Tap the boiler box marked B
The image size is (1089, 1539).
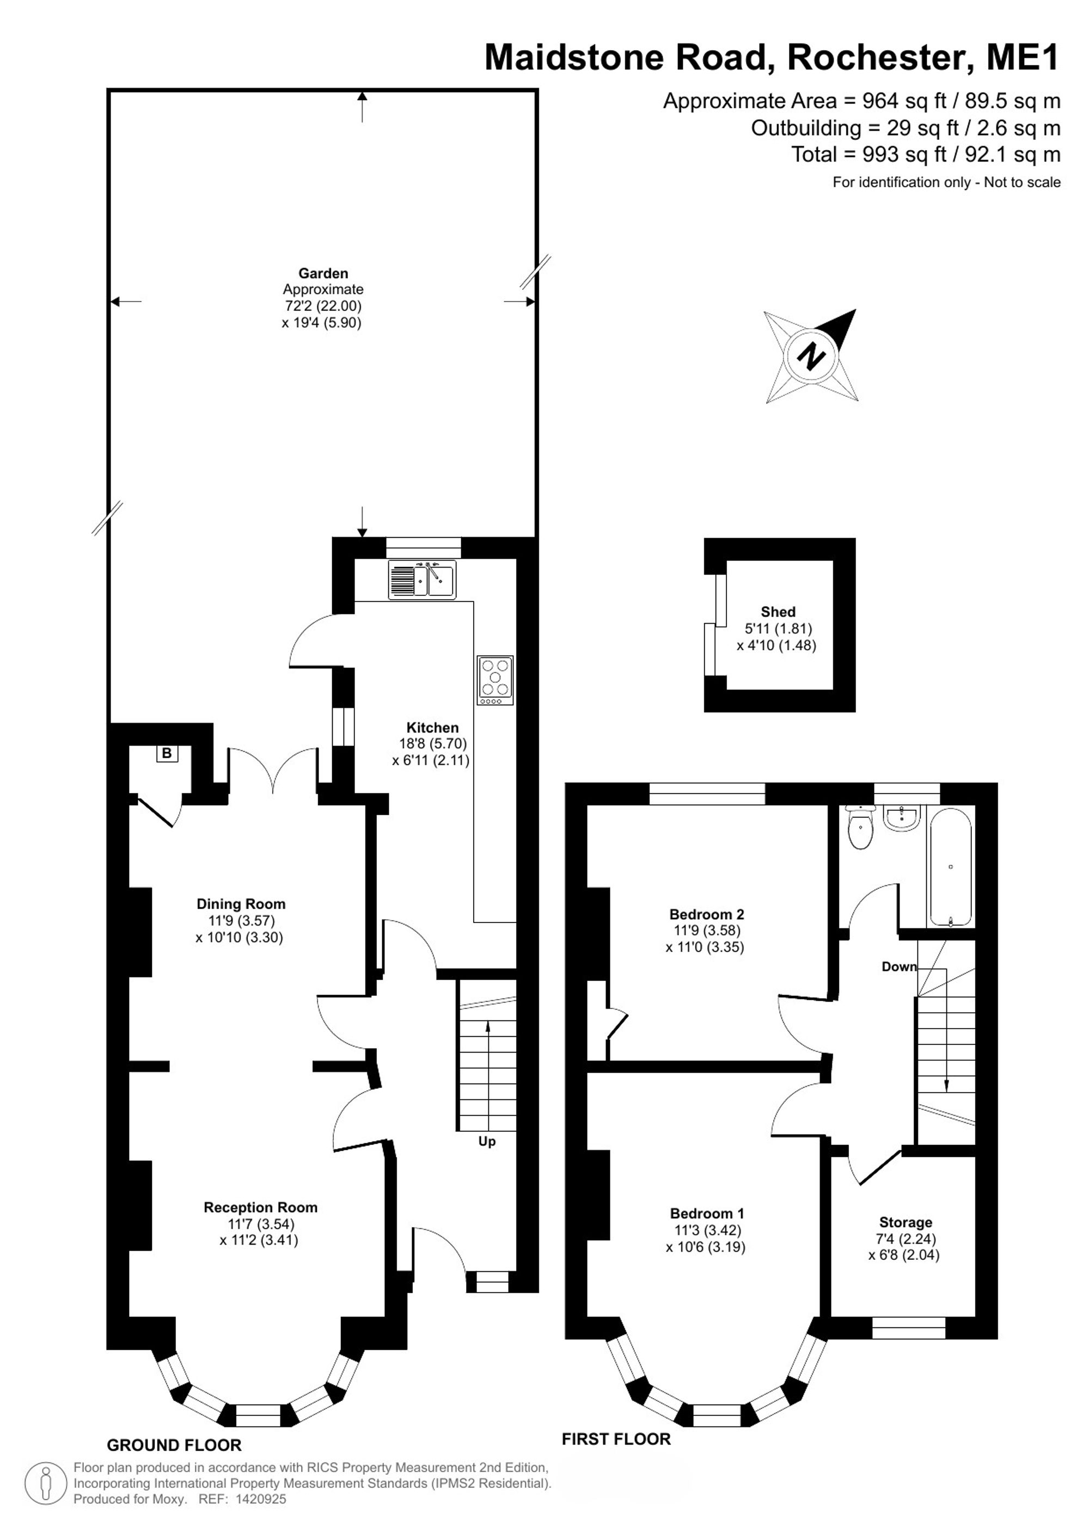(166, 753)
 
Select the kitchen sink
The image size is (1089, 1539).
(422, 580)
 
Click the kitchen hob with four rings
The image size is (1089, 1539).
(495, 680)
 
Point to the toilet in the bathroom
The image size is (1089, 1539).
(860, 828)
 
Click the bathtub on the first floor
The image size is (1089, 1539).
(951, 867)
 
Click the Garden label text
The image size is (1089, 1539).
(323, 274)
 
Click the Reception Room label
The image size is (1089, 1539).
(261, 1207)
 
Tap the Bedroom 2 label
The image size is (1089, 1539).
(707, 914)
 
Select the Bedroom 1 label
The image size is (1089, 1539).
(707, 1213)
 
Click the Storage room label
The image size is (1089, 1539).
(906, 1223)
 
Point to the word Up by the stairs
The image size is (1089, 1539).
(487, 1142)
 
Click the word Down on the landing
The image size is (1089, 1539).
(899, 967)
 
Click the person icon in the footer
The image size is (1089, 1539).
(46, 1483)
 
